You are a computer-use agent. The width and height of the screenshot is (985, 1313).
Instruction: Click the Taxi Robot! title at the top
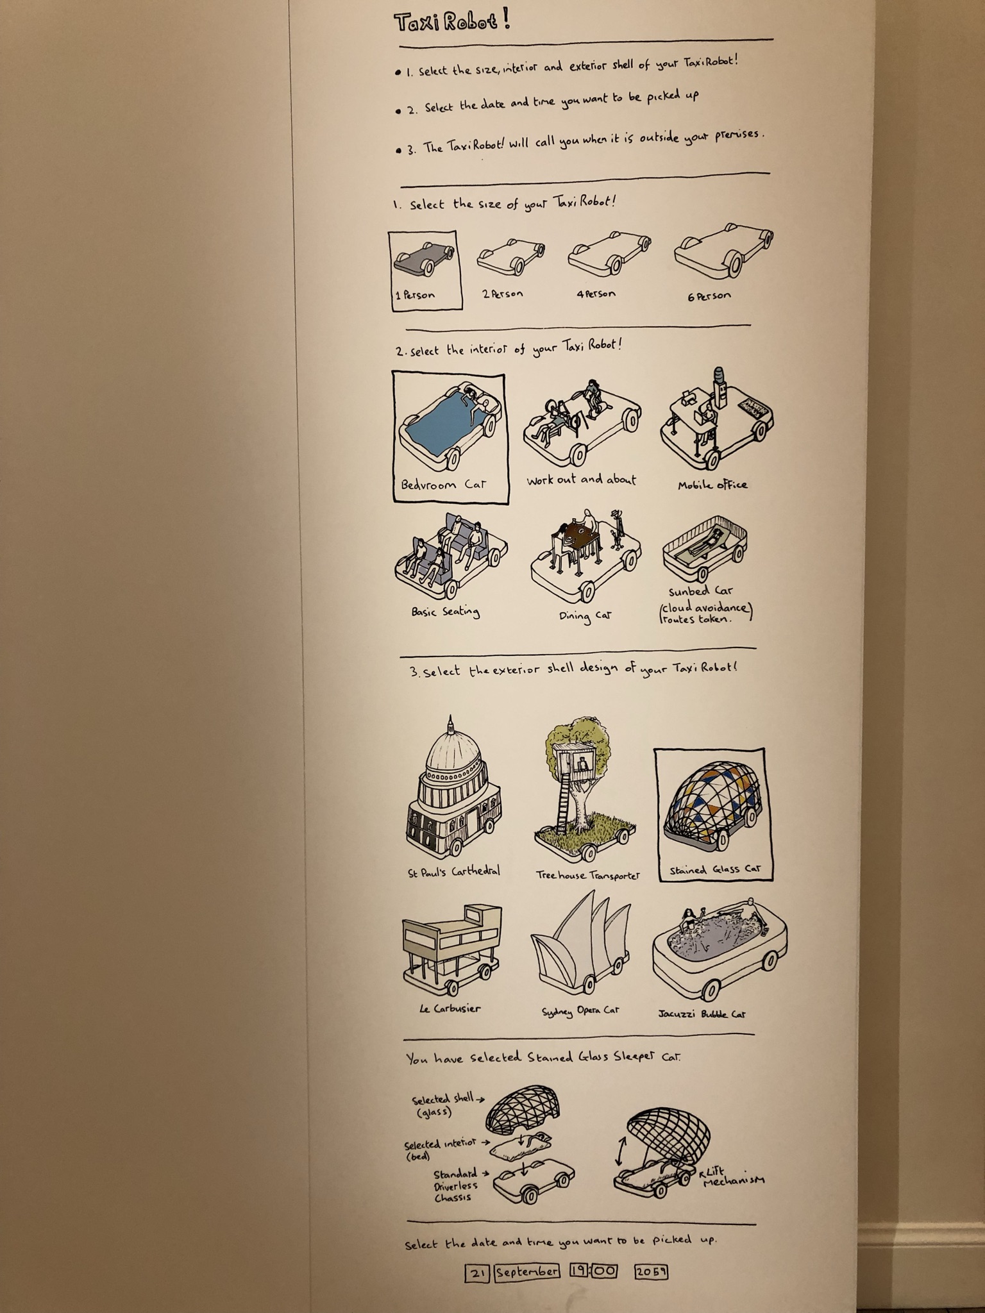(452, 22)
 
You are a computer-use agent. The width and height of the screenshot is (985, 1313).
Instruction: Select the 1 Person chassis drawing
(425, 256)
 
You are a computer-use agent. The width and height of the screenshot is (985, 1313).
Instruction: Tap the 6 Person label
(709, 296)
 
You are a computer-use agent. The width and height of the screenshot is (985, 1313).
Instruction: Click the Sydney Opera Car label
(580, 1010)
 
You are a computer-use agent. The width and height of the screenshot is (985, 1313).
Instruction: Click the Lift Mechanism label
(731, 1176)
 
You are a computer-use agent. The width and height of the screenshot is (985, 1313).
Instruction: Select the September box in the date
(526, 1271)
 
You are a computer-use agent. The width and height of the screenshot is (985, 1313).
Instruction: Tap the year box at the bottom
(651, 1271)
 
